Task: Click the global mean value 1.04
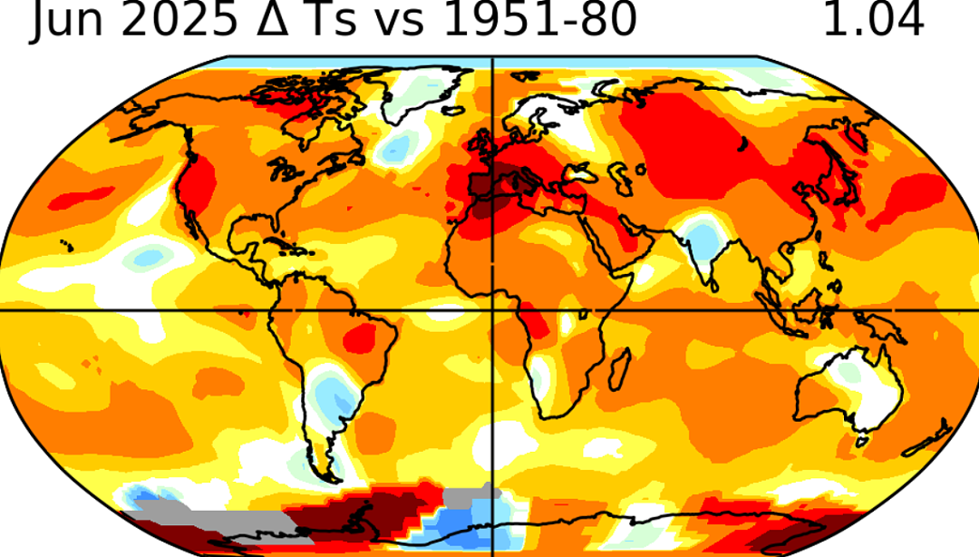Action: click(873, 19)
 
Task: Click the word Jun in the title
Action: click(67, 20)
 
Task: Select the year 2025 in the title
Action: click(179, 19)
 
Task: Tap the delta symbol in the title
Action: click(270, 19)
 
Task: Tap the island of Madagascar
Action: click(618, 369)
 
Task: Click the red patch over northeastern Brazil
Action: click(358, 337)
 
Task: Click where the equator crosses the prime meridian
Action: click(493, 310)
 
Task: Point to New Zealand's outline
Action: click(927, 442)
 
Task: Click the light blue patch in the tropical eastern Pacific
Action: click(149, 257)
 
